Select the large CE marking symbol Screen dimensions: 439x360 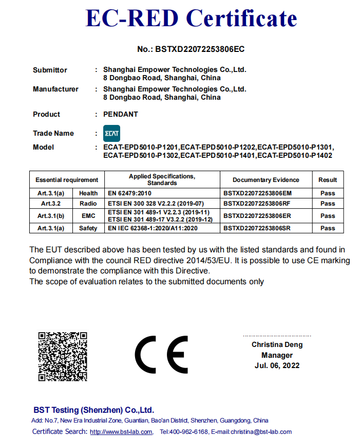(161, 355)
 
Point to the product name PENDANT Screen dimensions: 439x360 (121, 114)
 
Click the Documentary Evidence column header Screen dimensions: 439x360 (266, 180)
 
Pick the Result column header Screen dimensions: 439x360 (328, 180)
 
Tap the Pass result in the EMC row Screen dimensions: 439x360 (328, 216)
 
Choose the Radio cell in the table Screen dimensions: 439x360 (88, 204)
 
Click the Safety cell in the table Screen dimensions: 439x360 (88, 228)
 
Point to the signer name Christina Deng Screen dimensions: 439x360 (277, 345)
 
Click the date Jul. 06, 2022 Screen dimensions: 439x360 (277, 365)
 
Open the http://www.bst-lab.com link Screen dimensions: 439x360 (121, 432)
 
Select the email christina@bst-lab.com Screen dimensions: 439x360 (261, 432)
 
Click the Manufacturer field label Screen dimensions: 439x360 (55, 89)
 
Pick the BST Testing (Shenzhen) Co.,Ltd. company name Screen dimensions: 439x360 (93, 410)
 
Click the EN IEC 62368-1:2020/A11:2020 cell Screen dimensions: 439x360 (153, 228)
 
